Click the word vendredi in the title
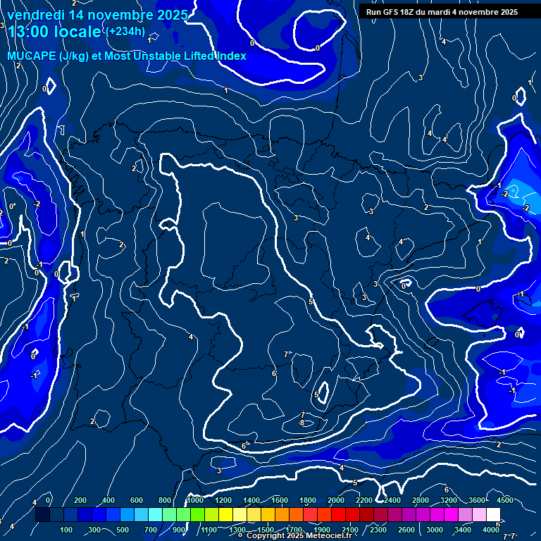click(x=35, y=15)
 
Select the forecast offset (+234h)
click(x=125, y=31)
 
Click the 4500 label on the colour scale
click(x=504, y=500)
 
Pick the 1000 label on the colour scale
click(x=195, y=500)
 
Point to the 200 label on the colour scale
click(x=80, y=500)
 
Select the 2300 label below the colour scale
click(x=378, y=530)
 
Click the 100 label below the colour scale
click(x=66, y=530)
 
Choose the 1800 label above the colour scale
click(x=308, y=500)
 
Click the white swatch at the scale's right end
click(x=493, y=515)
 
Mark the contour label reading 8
click(x=301, y=423)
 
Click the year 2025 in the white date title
click(x=168, y=15)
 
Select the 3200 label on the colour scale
click(x=449, y=500)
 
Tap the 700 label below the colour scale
click(x=151, y=530)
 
